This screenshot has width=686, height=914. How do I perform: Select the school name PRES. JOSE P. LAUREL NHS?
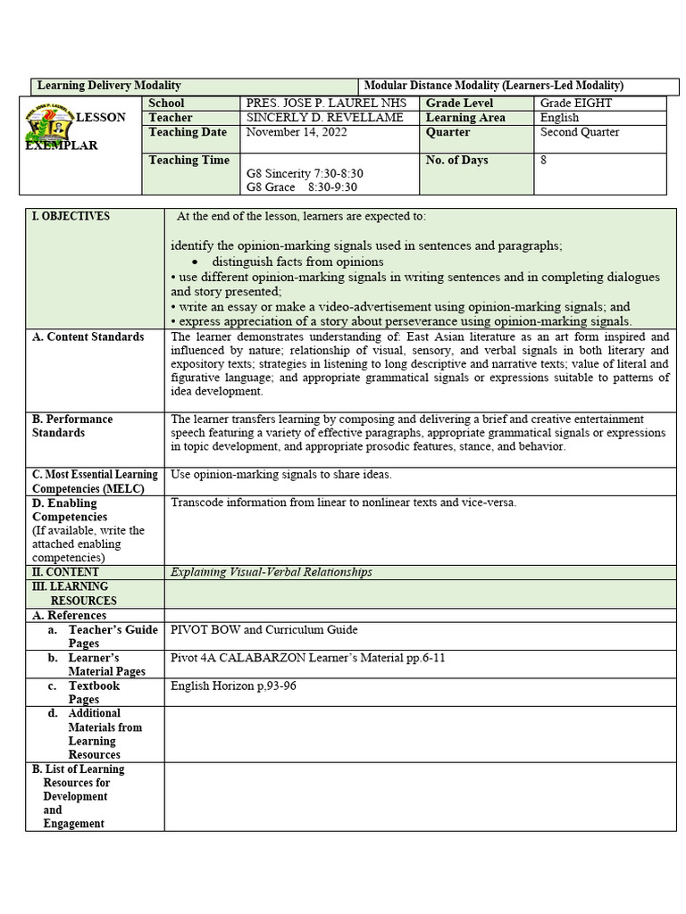[324, 104]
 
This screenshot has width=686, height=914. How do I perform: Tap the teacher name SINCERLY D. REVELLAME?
[324, 118]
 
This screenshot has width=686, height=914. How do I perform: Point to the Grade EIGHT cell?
[576, 104]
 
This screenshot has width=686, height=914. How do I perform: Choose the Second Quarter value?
[580, 132]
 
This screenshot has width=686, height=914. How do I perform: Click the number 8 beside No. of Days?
[543, 161]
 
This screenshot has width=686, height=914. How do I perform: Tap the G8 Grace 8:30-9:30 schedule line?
[301, 187]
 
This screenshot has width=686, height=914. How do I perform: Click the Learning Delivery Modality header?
[109, 86]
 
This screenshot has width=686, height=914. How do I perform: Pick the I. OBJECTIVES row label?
[71, 216]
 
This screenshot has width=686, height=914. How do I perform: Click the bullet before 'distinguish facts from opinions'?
[195, 262]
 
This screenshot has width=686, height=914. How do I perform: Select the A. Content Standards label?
[88, 337]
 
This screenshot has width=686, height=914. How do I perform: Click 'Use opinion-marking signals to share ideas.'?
[281, 475]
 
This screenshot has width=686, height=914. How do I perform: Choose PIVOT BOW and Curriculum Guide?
[264, 630]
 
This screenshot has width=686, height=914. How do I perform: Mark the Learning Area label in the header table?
[465, 118]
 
